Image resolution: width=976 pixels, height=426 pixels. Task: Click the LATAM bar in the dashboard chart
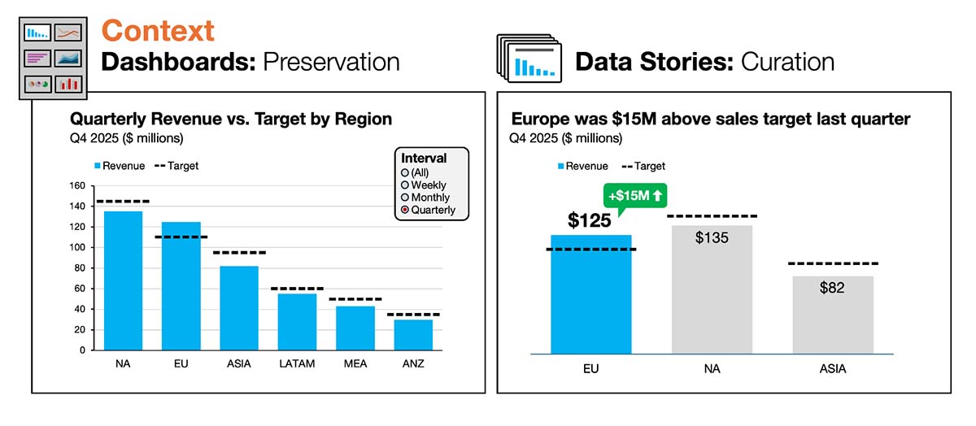click(x=297, y=321)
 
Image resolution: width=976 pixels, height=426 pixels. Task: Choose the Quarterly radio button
click(x=405, y=211)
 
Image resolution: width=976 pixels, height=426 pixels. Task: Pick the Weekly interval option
click(x=405, y=185)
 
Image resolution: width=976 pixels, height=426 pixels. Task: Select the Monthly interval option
click(x=405, y=198)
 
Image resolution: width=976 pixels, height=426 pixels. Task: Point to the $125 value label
click(x=590, y=220)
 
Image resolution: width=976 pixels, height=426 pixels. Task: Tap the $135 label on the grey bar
click(x=712, y=238)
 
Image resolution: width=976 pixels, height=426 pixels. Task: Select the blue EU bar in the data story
click(x=590, y=301)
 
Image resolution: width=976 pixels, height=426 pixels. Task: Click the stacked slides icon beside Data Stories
click(x=528, y=61)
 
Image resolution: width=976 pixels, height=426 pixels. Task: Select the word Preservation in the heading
click(x=330, y=62)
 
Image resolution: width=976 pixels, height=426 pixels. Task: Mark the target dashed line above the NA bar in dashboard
click(x=123, y=201)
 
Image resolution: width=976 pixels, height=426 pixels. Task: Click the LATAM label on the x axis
click(x=297, y=364)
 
